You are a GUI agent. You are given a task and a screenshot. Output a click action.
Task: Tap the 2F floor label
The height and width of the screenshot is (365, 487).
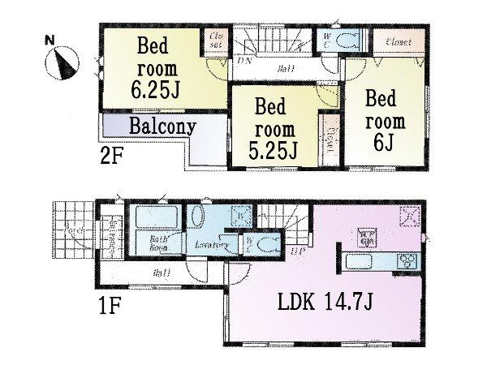click(111, 156)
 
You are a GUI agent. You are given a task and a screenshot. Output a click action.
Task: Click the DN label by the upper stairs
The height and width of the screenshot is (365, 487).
click(242, 60)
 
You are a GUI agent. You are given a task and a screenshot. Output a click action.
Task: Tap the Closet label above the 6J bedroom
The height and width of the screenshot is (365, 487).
click(398, 41)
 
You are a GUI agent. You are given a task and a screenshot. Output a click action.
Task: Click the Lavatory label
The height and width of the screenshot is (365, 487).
click(208, 243)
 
